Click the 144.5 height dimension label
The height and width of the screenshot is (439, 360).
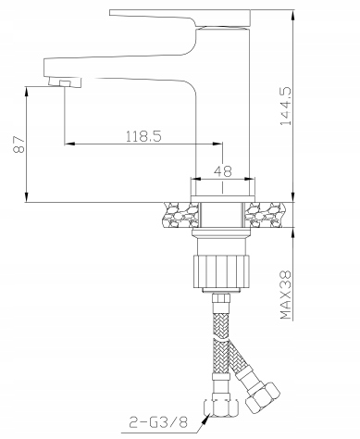tap(286, 106)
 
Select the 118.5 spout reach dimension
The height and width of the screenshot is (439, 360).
tap(143, 136)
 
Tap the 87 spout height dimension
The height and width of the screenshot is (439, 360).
tap(19, 144)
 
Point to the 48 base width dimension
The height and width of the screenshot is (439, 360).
tap(223, 170)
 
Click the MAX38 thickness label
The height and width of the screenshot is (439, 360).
tap(286, 295)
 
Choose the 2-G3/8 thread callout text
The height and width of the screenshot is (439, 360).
tap(158, 422)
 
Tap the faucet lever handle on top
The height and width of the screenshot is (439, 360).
tap(180, 18)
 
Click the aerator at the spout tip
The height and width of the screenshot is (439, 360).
tap(65, 82)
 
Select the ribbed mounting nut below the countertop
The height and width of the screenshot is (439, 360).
tap(221, 271)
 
